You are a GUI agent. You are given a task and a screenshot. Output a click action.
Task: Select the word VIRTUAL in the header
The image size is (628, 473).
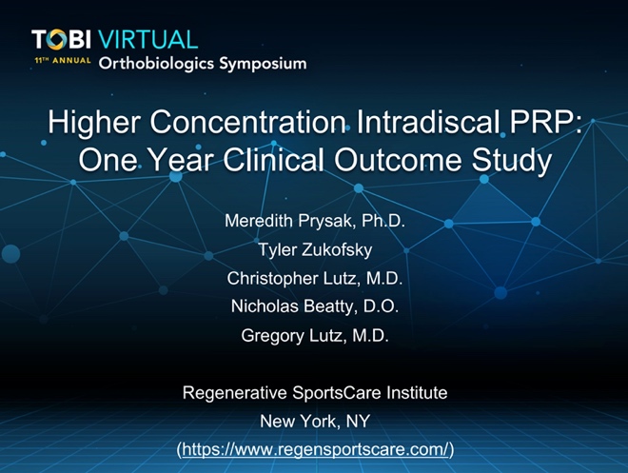point(147,40)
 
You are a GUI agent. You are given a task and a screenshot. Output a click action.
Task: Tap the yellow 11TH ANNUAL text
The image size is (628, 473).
point(63,61)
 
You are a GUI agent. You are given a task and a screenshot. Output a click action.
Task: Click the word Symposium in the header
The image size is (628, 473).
point(263,64)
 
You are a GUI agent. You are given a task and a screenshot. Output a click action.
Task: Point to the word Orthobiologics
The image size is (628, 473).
point(156,64)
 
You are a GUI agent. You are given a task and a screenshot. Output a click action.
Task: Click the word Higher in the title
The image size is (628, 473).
point(94,122)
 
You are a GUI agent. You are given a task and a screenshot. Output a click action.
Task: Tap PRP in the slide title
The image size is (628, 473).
point(542,122)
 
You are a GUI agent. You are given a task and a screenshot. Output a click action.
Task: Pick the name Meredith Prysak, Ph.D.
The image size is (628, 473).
point(315,221)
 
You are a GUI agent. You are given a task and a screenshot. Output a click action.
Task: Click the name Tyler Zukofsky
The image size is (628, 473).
point(315,250)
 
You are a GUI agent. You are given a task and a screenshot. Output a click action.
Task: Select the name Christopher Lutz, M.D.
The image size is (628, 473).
point(314,278)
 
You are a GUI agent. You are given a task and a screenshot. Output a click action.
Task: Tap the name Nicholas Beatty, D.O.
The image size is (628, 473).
point(315,306)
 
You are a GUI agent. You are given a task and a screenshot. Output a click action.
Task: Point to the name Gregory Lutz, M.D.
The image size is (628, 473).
point(315,336)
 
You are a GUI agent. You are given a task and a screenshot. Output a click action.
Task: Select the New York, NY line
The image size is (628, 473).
point(315,422)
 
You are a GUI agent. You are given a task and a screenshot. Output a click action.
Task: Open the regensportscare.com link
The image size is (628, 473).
point(315,449)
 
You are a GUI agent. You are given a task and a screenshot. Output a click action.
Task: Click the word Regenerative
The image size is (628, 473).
point(235,393)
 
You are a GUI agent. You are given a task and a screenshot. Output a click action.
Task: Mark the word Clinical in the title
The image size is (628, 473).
point(273,160)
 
